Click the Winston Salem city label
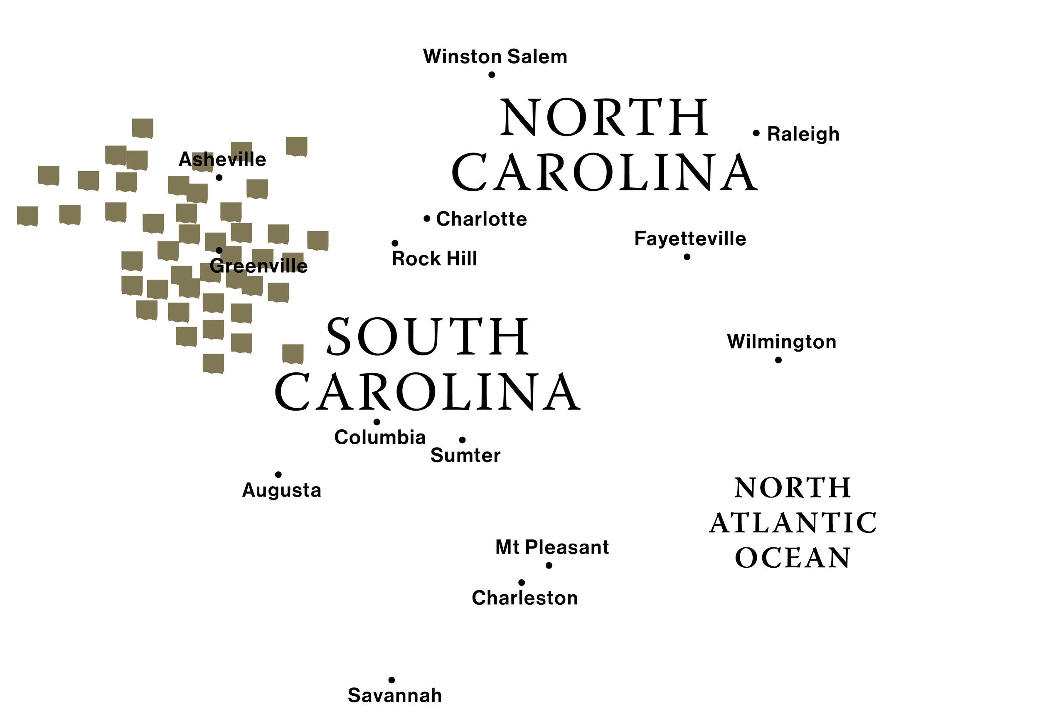coord(495,57)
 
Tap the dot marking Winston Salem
coord(492,75)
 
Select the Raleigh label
coord(803,134)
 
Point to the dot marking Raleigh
coord(756,133)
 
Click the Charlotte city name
coord(481,219)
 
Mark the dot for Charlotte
coord(427,219)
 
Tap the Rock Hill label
coord(434,259)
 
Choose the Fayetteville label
coord(690,239)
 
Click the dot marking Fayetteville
coord(687,257)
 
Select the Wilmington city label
coord(782,342)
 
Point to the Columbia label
coord(380,437)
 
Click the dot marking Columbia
coord(377,422)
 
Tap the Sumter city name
coord(465,455)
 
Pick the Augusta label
coord(281,490)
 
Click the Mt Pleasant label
coord(552,547)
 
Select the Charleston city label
coord(525,598)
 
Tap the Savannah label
coord(395,695)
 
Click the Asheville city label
coord(222,160)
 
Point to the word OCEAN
coord(793,558)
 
